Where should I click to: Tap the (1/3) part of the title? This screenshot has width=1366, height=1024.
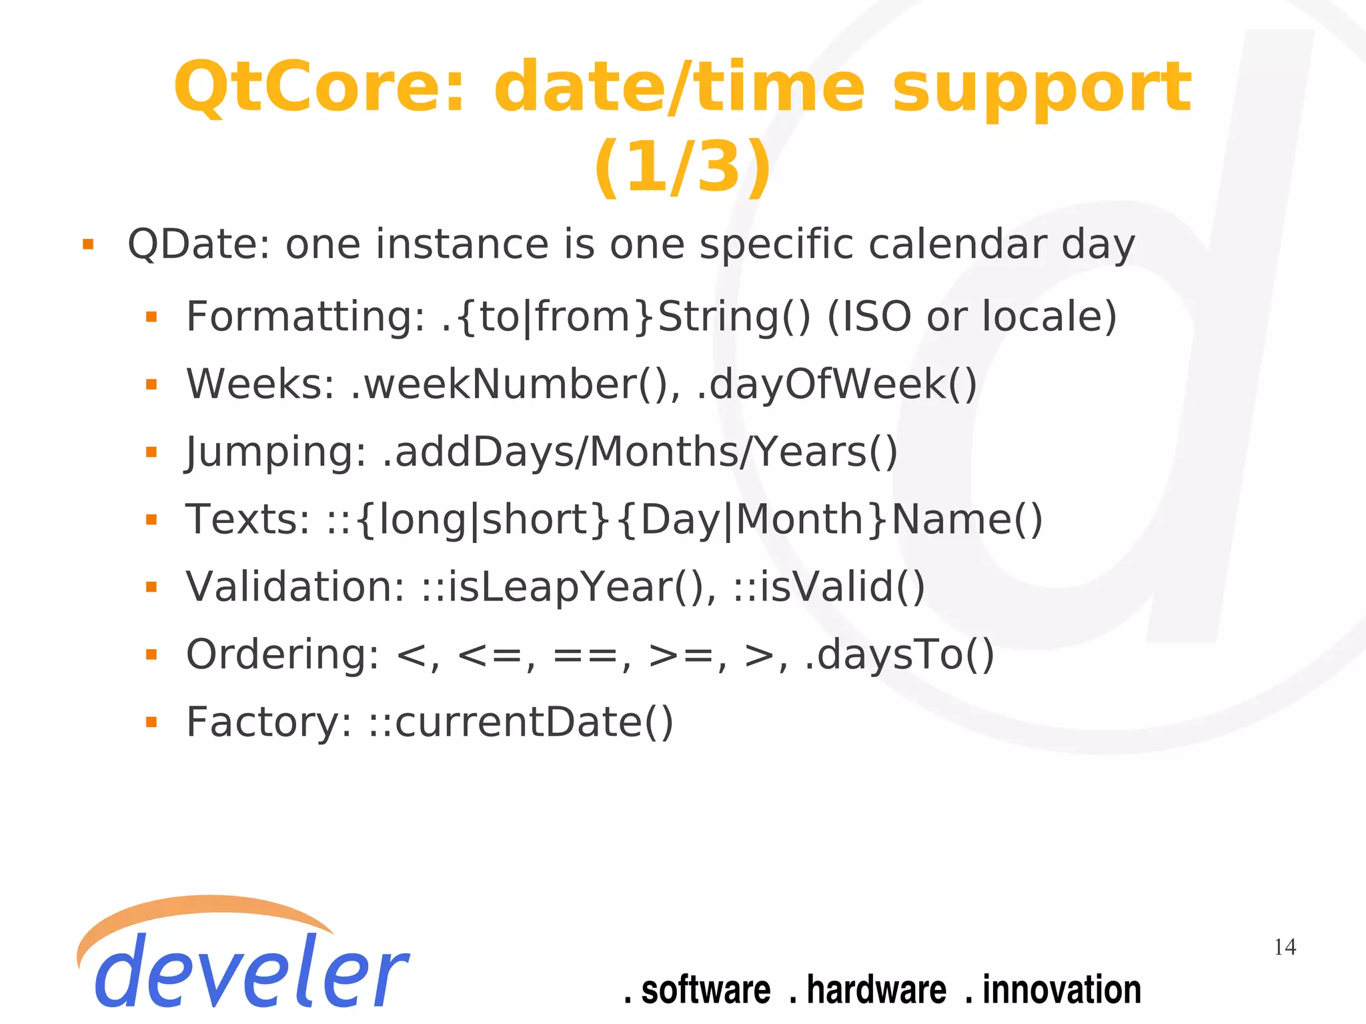click(x=682, y=167)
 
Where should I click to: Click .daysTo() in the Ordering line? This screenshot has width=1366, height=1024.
click(x=900, y=654)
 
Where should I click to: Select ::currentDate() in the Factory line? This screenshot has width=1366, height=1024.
click(x=521, y=722)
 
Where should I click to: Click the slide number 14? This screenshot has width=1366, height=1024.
click(x=1285, y=947)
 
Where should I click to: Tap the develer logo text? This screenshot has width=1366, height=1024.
click(x=250, y=971)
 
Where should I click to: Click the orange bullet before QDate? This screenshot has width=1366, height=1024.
click(x=88, y=244)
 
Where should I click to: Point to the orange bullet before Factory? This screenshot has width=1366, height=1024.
click(x=151, y=722)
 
